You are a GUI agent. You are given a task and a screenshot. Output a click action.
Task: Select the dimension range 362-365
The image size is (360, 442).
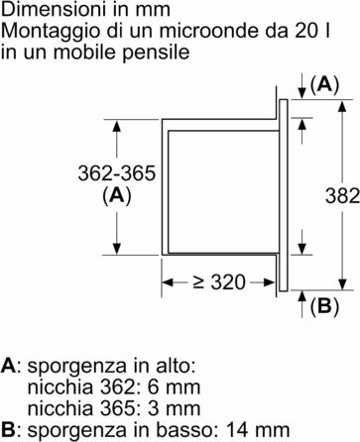[x=117, y=174]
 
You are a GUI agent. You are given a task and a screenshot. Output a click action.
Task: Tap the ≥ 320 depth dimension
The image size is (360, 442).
[x=219, y=282]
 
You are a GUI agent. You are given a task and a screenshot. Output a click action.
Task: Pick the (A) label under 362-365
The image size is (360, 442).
[x=117, y=196]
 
